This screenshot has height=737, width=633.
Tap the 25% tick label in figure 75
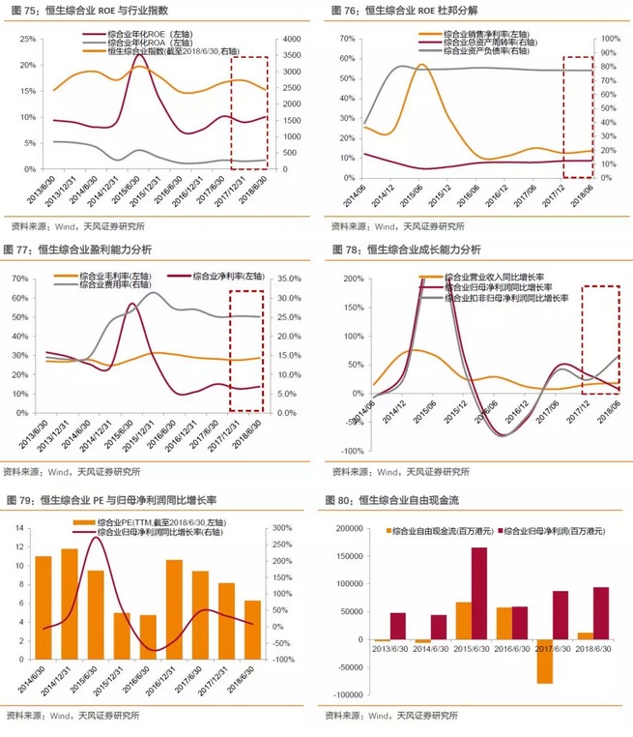[x=29, y=38]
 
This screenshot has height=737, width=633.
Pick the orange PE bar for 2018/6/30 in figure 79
[x=251, y=630]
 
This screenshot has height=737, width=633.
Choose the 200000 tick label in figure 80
[x=345, y=528]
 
